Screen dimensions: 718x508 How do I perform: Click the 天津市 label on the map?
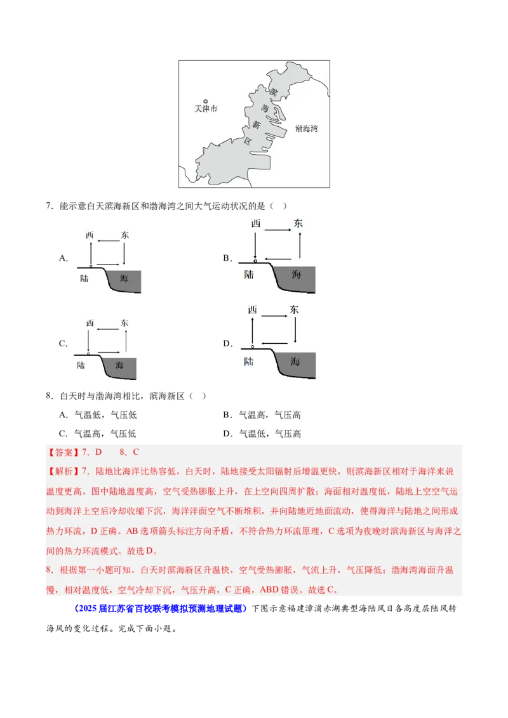point(205,109)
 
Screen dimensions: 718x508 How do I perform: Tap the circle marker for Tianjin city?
point(205,101)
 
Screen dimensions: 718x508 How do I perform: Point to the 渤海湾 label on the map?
point(306,129)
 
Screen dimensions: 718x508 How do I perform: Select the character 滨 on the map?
point(274,93)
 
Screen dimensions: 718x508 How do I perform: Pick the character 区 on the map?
point(248,140)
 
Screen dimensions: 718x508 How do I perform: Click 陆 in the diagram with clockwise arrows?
point(248,362)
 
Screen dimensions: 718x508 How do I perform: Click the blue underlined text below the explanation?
point(160,609)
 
